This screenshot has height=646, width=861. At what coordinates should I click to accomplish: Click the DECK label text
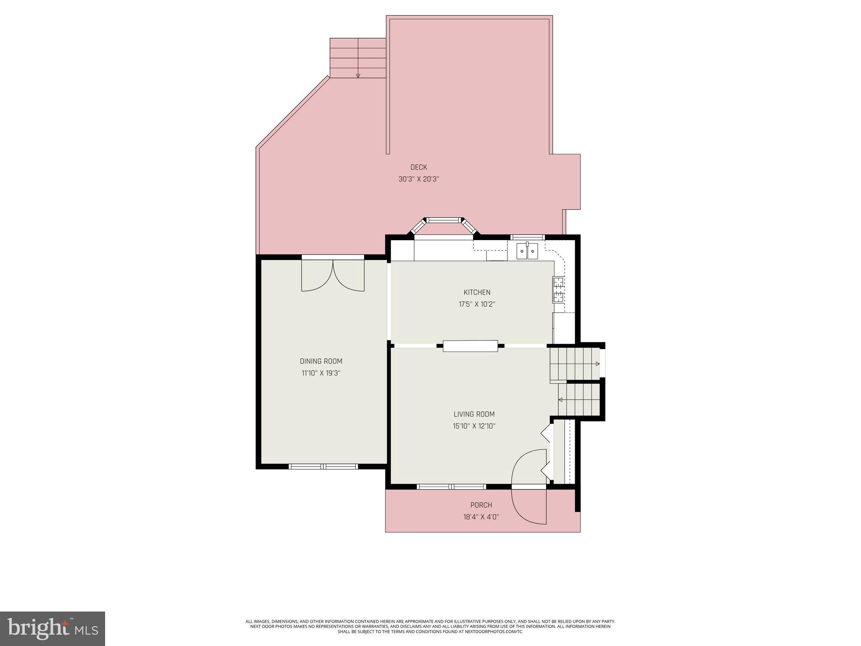[418, 167]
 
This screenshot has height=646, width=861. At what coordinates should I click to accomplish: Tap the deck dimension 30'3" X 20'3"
[418, 179]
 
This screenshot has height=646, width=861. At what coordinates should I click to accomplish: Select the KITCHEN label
[477, 292]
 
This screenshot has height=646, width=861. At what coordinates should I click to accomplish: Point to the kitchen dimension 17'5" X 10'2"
[477, 304]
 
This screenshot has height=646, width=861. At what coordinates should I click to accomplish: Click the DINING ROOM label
[321, 361]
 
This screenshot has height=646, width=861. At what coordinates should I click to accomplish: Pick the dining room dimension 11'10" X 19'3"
[321, 373]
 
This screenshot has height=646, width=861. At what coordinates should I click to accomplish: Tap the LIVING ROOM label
[474, 414]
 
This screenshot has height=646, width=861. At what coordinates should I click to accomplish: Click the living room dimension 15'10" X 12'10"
[474, 426]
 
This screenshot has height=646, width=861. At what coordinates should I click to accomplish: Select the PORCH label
[481, 505]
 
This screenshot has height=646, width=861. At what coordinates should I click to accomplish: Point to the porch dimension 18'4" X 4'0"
[481, 517]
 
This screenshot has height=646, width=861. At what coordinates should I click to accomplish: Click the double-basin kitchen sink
[527, 252]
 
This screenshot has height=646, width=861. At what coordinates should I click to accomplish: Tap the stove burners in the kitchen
[558, 290]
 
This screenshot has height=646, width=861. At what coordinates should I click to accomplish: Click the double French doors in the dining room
[333, 275]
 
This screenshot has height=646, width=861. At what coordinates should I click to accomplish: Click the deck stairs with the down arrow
[358, 58]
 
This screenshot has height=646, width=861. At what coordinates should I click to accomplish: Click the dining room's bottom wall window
[323, 466]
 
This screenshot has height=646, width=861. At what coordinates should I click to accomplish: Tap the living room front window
[452, 487]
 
